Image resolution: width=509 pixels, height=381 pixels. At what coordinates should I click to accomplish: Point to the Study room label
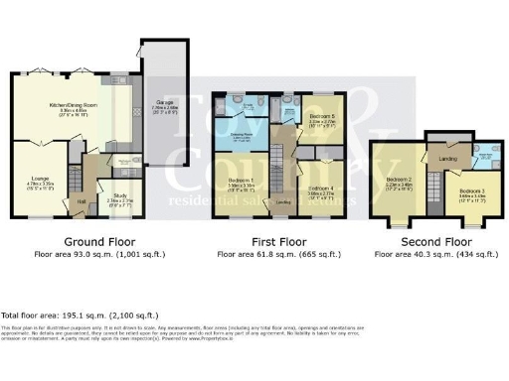[120, 196]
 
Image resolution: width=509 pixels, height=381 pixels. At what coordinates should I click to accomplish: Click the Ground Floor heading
[99, 241]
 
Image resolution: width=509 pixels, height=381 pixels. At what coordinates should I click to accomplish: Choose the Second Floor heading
[435, 241]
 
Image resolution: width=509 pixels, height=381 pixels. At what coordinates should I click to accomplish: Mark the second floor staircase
[434, 185]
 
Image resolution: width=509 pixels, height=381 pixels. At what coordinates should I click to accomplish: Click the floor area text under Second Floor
[435, 255]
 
